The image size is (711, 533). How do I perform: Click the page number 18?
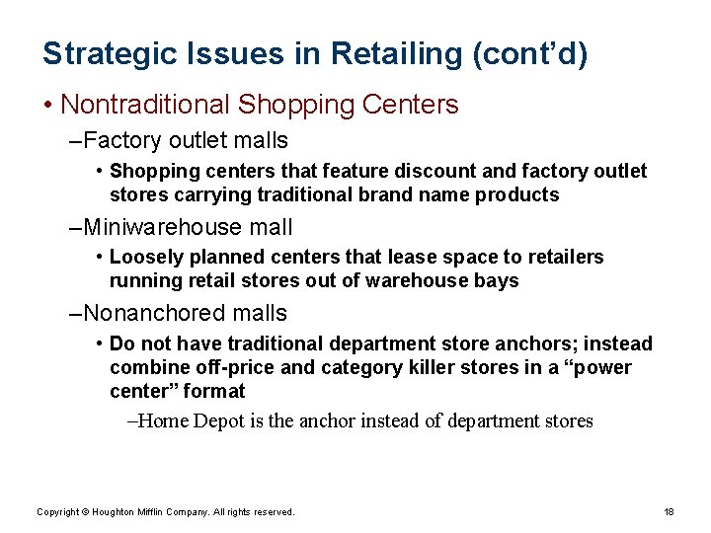669,512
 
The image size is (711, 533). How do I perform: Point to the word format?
213,392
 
